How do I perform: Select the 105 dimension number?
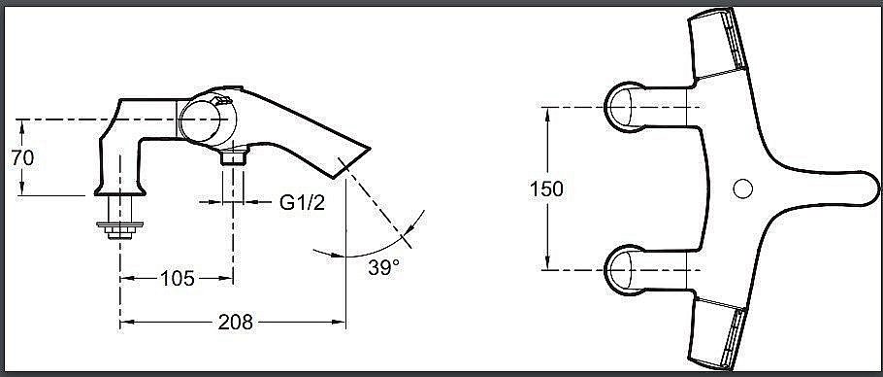click(x=176, y=279)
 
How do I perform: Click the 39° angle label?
click(x=384, y=267)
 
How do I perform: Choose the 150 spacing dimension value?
click(x=547, y=188)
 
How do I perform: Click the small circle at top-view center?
click(x=744, y=188)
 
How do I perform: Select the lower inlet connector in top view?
click(x=632, y=269)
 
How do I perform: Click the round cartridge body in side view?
click(x=206, y=120)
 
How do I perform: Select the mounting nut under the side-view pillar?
click(x=120, y=229)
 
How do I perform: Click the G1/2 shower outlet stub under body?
click(x=233, y=156)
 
